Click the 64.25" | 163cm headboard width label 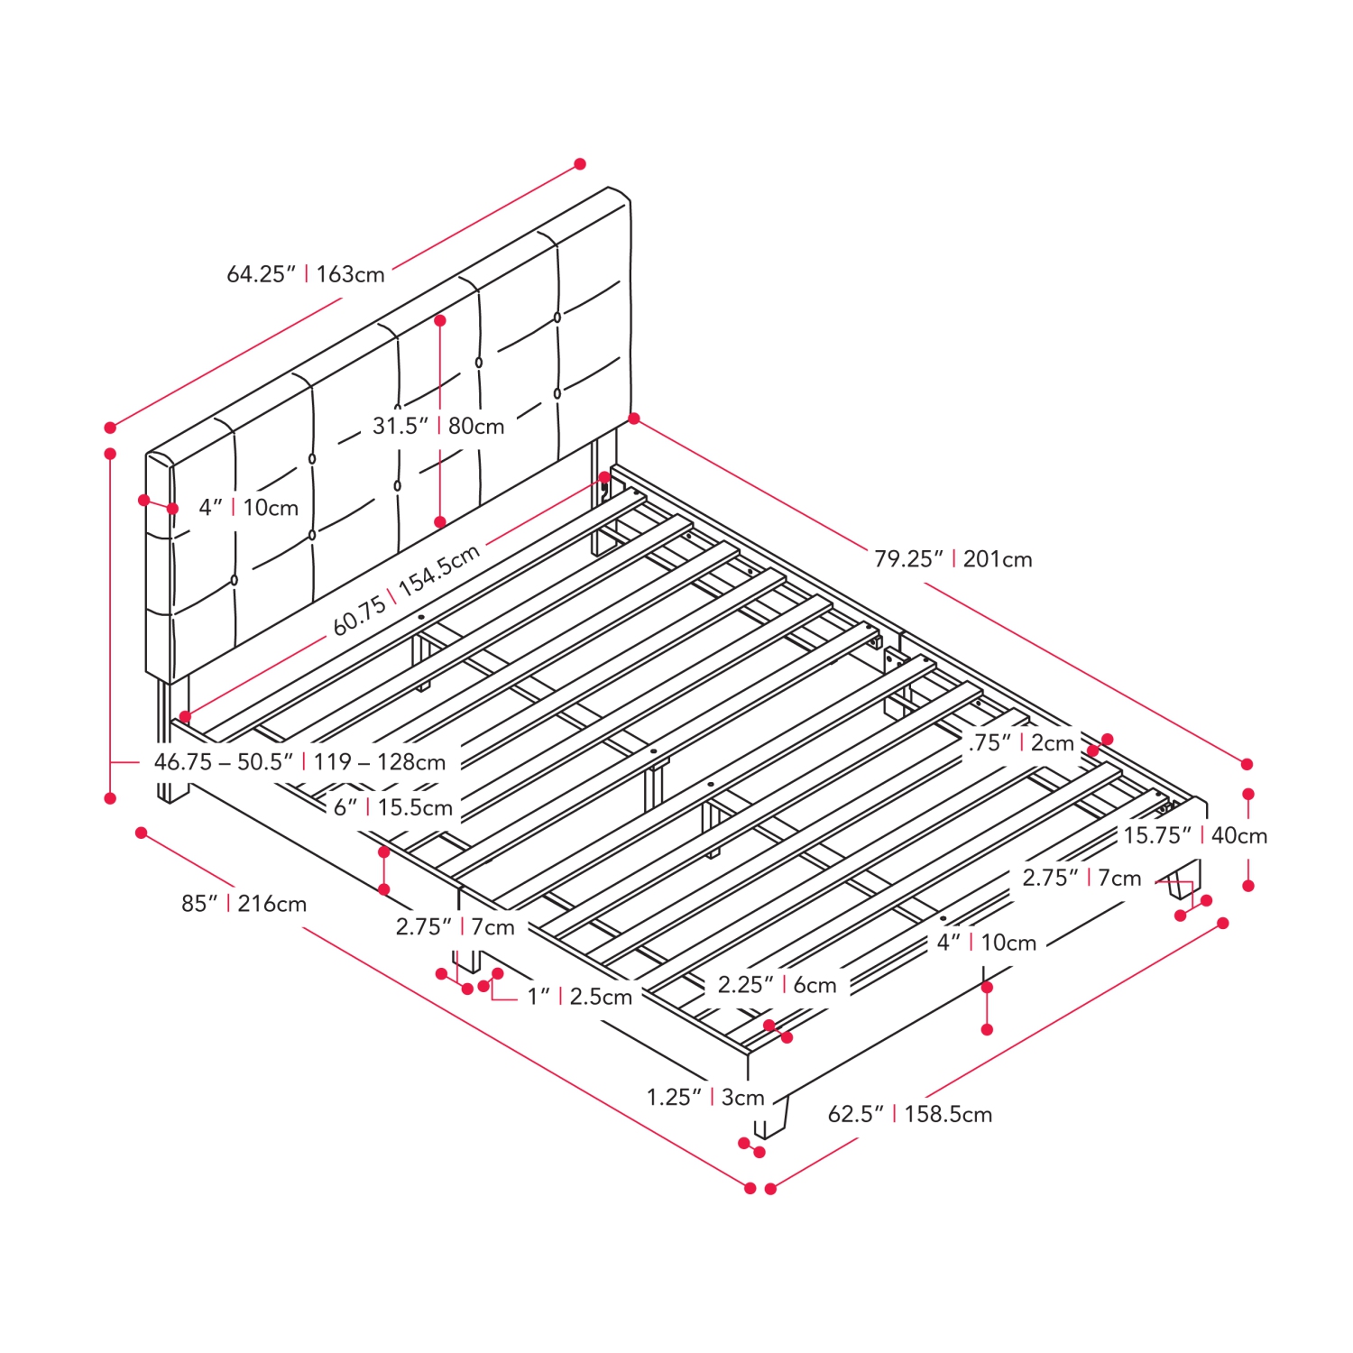(306, 274)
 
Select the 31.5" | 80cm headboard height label (438, 426)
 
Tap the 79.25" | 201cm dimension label (953, 559)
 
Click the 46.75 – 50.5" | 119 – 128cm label (299, 762)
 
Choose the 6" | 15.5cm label (393, 807)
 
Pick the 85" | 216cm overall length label (244, 904)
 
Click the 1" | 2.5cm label (580, 997)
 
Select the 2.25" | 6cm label (778, 985)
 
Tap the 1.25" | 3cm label (705, 1098)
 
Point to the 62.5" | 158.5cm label (910, 1114)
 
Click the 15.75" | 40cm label (1195, 836)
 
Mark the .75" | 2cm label (1022, 743)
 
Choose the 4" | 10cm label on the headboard (249, 508)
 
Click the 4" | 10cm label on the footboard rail (987, 943)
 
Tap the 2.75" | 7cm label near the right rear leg (1081, 878)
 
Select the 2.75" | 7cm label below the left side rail (455, 927)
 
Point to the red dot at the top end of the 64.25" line (580, 164)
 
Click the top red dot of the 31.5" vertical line (440, 320)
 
